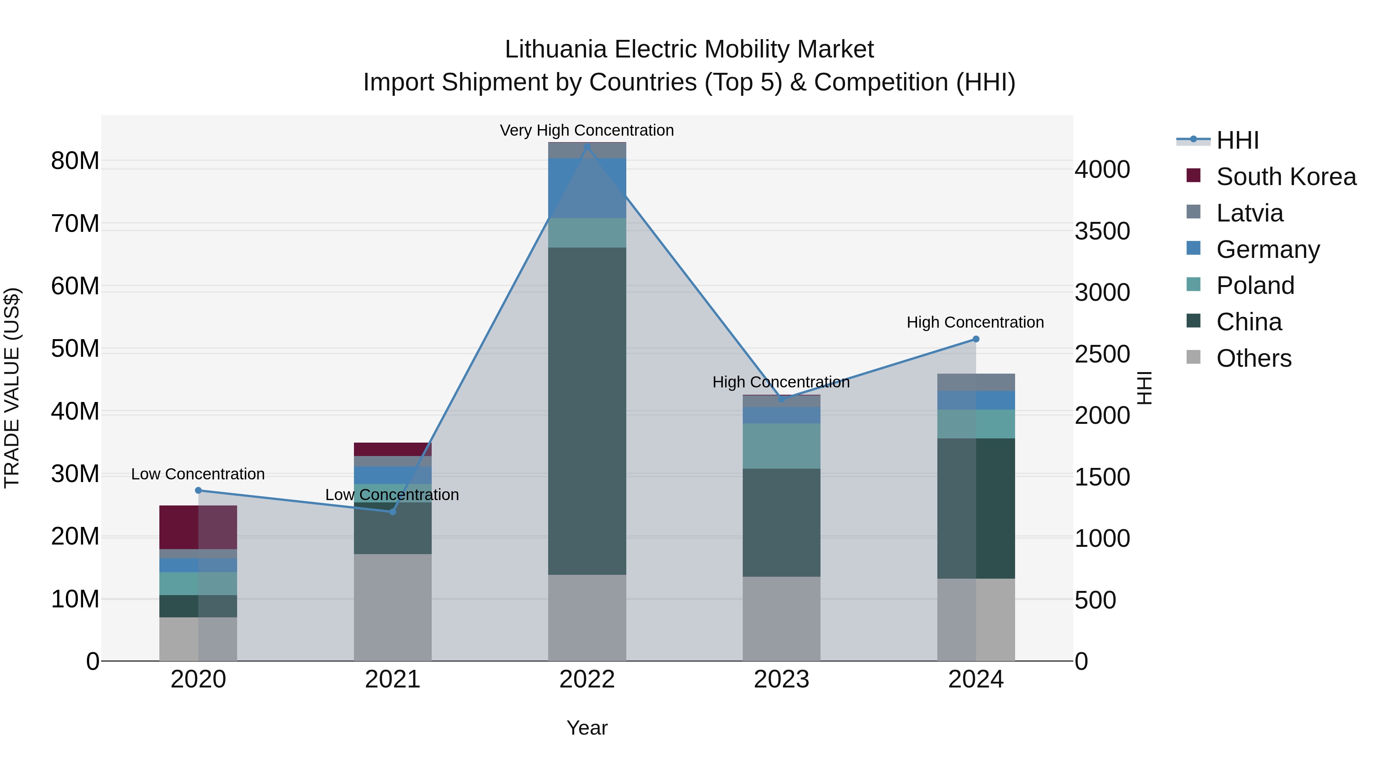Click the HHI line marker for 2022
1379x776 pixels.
[x=587, y=147]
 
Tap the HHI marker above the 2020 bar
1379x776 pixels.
[x=198, y=491]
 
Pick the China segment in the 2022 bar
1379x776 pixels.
[x=587, y=411]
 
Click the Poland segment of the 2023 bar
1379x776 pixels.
[x=781, y=446]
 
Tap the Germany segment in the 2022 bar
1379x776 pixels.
[x=587, y=188]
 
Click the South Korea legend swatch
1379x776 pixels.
[x=1193, y=176]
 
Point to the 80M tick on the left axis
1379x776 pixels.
[x=75, y=161]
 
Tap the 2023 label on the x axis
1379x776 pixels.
[x=781, y=679]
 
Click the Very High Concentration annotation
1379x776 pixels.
[x=587, y=130]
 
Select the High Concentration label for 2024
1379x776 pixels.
[x=975, y=322]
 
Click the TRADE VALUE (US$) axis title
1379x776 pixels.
[x=12, y=388]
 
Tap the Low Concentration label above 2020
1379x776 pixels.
[x=198, y=474]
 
